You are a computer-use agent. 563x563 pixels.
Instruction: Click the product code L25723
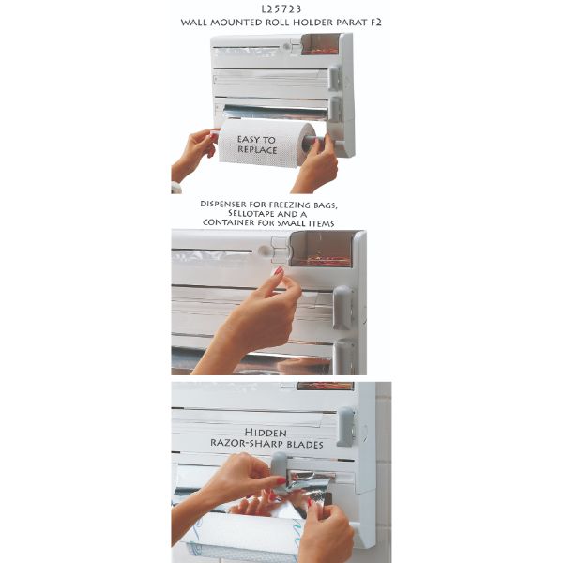[281, 9]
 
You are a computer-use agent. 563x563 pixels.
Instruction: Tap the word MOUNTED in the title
[236, 23]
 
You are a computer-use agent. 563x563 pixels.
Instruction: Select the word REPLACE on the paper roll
[257, 150]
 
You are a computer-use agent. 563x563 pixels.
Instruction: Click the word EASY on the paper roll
[248, 139]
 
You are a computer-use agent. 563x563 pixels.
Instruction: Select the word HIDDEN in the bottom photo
[266, 433]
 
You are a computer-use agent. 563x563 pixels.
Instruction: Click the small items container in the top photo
[320, 44]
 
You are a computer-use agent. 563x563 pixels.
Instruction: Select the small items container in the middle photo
[321, 250]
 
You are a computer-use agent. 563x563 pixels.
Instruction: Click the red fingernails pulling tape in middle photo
[279, 271]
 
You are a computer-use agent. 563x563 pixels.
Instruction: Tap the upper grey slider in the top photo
[335, 78]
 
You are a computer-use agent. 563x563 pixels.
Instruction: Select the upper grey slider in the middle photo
[342, 308]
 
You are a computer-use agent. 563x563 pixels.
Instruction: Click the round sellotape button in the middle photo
[265, 251]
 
